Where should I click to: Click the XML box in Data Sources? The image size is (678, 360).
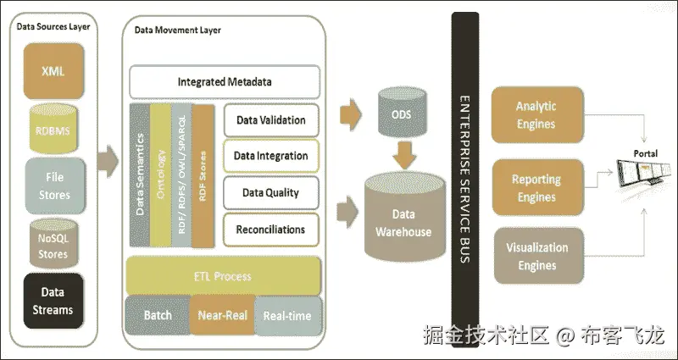[53, 71]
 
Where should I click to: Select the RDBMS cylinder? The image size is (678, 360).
[53, 129]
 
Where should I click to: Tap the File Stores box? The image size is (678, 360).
[55, 186]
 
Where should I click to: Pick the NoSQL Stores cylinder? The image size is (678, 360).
[53, 244]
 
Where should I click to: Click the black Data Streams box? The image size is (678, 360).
[53, 301]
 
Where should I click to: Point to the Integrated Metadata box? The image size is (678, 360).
[225, 81]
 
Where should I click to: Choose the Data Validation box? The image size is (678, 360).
[271, 119]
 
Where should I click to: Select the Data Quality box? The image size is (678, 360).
[271, 192]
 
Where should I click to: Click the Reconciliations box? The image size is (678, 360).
[271, 230]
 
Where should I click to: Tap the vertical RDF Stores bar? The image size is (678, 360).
[203, 176]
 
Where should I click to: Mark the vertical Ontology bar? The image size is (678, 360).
[160, 174]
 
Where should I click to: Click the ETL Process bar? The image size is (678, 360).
[223, 276]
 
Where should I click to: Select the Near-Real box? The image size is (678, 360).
[222, 315]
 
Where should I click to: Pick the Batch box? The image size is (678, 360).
[158, 315]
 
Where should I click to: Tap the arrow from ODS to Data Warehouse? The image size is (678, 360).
[405, 155]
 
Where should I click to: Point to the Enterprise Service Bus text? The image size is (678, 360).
[464, 180]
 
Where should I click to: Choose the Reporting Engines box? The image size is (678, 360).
[537, 187]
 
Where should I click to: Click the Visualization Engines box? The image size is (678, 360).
[537, 256]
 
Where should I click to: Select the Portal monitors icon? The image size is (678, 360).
[644, 172]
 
